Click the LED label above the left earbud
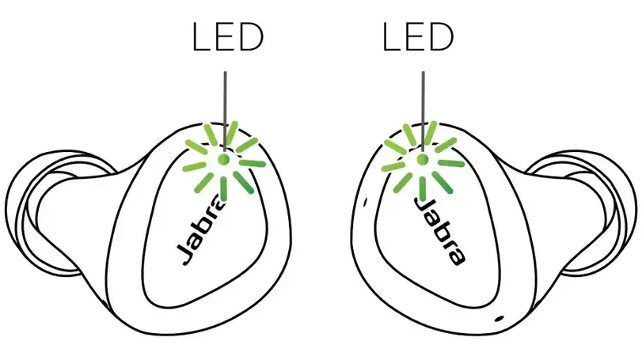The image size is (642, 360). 227,37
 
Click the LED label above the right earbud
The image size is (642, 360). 418,37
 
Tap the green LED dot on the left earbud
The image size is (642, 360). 223,159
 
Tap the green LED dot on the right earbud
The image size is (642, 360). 422,159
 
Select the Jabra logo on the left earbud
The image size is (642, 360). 199,231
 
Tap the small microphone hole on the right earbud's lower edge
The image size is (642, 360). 500,318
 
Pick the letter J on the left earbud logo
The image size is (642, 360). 184,255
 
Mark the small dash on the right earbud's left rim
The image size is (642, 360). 365,201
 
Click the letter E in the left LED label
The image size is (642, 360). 225,37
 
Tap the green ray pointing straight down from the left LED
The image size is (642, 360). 223,188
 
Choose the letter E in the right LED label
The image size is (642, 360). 415,37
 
